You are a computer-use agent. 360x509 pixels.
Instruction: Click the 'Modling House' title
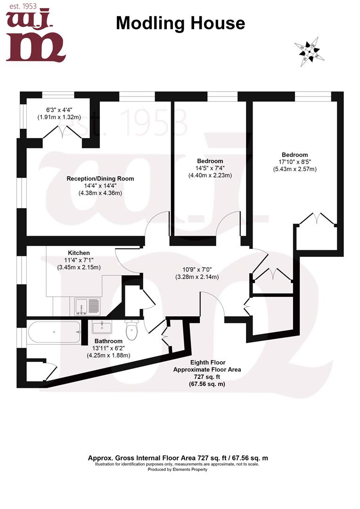pos(180,23)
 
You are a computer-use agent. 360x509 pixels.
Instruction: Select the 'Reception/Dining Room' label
pos(100,179)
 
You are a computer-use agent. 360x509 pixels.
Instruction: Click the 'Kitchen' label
pos(79,253)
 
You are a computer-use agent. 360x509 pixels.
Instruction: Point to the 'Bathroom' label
pos(108,341)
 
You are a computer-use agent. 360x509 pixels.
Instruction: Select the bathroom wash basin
pos(101,327)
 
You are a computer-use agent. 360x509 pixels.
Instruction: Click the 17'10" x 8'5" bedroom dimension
pos(295,162)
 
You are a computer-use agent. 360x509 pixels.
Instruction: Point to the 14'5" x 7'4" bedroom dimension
pos(210,168)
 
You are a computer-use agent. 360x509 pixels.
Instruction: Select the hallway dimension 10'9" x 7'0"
pos(198,270)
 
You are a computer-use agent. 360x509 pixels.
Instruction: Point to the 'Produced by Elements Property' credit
pos(178,469)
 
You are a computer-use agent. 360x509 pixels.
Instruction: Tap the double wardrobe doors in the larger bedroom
pos(317,219)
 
